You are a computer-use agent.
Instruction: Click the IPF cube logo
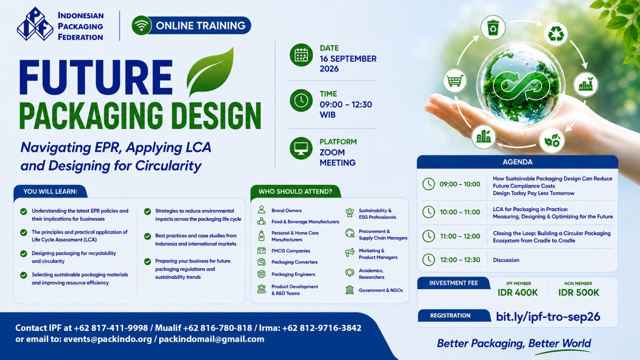click(35, 24)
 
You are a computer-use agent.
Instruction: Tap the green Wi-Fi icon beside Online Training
click(142, 26)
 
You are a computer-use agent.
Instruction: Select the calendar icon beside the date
click(301, 55)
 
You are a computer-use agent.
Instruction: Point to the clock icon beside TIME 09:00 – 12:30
click(301, 100)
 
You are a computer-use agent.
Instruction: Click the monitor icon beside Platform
click(301, 148)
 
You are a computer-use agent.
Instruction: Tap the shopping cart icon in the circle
click(455, 80)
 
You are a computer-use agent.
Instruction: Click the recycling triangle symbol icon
click(556, 34)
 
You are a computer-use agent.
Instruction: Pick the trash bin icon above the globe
click(493, 28)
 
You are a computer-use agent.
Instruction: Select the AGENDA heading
click(518, 162)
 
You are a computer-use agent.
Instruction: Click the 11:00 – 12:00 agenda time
click(460, 236)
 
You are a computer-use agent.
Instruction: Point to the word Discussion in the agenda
click(506, 260)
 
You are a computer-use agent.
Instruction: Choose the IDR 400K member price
click(518, 292)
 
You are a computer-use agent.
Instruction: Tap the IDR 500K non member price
click(578, 292)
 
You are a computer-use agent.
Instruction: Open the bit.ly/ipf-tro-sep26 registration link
click(548, 316)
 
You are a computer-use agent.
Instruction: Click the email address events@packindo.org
click(108, 339)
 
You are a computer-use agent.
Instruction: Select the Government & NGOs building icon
click(350, 290)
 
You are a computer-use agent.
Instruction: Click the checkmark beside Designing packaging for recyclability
click(24, 254)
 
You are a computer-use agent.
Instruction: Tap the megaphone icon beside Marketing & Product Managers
click(350, 252)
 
